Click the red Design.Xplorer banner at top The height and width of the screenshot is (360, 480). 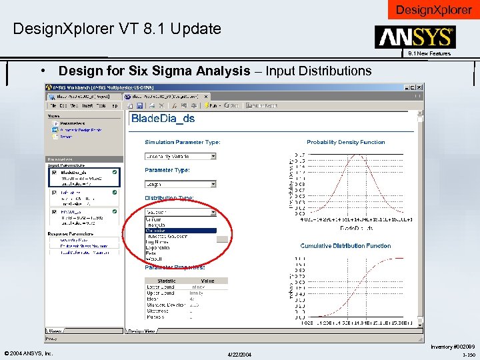click(434, 9)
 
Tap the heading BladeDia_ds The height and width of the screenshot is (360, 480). click(163, 119)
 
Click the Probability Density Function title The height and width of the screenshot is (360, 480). click(345, 142)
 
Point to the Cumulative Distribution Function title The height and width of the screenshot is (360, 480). click(345, 246)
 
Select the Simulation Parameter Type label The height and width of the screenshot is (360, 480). click(183, 142)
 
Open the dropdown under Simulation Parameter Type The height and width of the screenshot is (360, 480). click(181, 156)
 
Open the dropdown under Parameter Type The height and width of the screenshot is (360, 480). click(181, 184)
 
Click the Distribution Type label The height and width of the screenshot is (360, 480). click(169, 198)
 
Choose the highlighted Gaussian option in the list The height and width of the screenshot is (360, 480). click(180, 231)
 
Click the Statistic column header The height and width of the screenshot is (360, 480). click(167, 281)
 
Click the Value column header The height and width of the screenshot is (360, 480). click(208, 281)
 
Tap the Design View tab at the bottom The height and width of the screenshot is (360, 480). click(141, 331)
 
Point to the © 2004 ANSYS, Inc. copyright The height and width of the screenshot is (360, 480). click(28, 353)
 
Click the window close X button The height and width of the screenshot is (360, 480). click(419, 87)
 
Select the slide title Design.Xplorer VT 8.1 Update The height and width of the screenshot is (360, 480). click(117, 29)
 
